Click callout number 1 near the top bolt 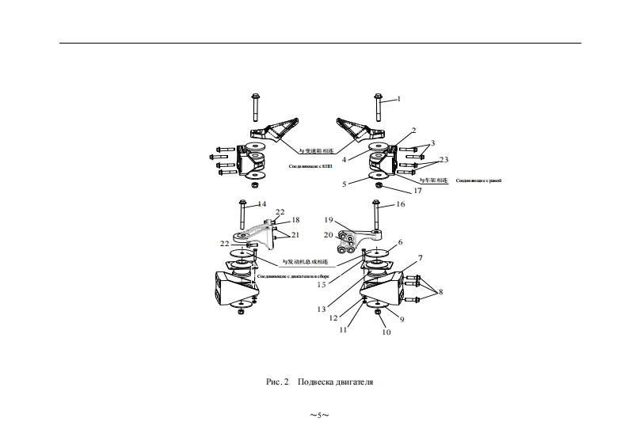click(399, 99)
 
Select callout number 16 click(399, 204)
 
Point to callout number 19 click(329, 219)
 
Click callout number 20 click(329, 234)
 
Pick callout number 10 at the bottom click(386, 332)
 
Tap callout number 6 click(401, 242)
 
